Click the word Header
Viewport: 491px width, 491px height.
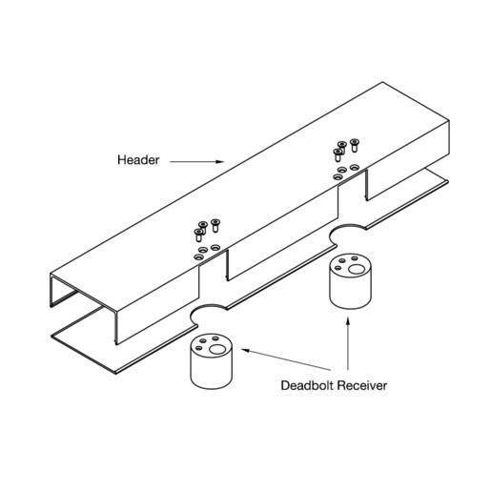pyautogui.click(x=138, y=160)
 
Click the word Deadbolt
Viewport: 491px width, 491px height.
pyautogui.click(x=307, y=385)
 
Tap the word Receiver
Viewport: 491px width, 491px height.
pyautogui.click(x=362, y=385)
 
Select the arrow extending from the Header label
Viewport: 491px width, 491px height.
pyautogui.click(x=196, y=161)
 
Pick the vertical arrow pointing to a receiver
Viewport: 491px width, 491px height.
pyautogui.click(x=348, y=343)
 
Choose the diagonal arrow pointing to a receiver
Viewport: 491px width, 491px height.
pyautogui.click(x=286, y=359)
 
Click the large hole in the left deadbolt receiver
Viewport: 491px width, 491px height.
pyautogui.click(x=217, y=350)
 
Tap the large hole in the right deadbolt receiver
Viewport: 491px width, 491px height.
pyautogui.click(x=357, y=269)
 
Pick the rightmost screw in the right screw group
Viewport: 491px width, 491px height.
pyautogui.click(x=354, y=145)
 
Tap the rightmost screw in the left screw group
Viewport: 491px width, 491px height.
pyautogui.click(x=215, y=225)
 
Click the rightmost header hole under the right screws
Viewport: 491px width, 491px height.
pyautogui.click(x=355, y=167)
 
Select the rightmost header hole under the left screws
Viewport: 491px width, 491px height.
pyautogui.click(x=215, y=247)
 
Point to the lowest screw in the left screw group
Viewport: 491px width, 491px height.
pyautogui.click(x=198, y=235)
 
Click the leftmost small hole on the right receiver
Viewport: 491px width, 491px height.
pyautogui.click(x=338, y=268)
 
